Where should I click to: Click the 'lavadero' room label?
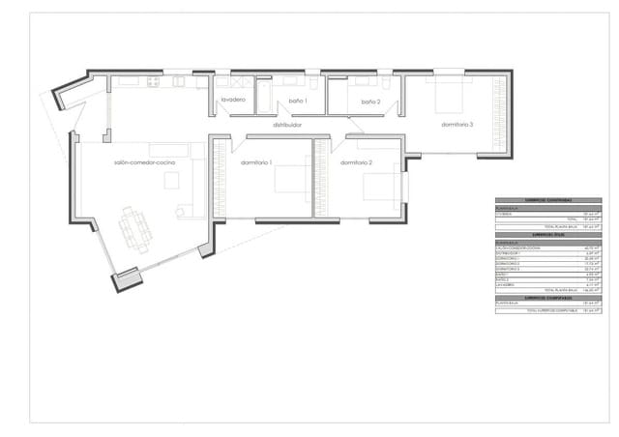(x=233, y=101)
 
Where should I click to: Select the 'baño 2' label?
(x=371, y=101)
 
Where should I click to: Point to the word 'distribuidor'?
(x=287, y=125)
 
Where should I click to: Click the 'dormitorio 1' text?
(x=256, y=162)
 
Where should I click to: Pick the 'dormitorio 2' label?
(x=356, y=162)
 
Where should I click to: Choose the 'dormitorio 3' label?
(x=457, y=125)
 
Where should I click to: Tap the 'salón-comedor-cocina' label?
(x=143, y=162)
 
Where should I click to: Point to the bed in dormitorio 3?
(x=450, y=95)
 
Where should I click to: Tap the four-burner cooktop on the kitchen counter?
(x=153, y=82)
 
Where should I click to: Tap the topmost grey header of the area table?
(x=548, y=201)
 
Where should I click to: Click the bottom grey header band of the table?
(x=548, y=298)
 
